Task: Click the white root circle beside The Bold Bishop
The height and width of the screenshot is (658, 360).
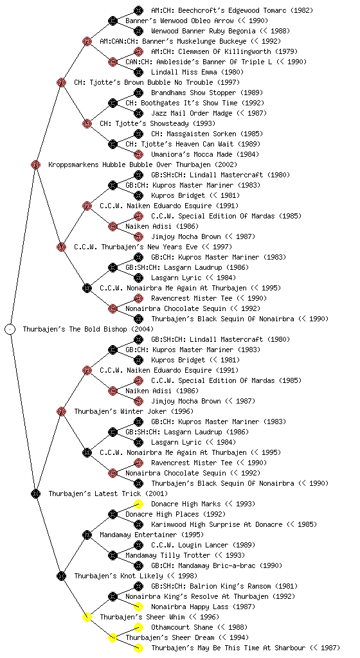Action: (10, 329)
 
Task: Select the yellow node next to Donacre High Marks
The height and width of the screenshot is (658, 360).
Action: (138, 504)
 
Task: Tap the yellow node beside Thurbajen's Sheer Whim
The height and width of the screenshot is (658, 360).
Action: (87, 617)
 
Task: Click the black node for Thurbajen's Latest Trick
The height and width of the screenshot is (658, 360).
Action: (35, 493)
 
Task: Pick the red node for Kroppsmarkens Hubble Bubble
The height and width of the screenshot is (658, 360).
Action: (35, 164)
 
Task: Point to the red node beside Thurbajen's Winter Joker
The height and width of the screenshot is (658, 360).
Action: (61, 411)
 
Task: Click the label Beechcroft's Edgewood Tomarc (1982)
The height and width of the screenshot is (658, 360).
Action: (232, 10)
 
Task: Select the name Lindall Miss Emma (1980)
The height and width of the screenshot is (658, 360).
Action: (197, 72)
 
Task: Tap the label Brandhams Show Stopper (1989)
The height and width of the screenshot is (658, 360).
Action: (206, 93)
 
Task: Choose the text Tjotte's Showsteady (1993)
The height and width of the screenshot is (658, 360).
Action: (157, 123)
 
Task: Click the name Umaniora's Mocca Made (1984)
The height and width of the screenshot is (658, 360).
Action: (205, 154)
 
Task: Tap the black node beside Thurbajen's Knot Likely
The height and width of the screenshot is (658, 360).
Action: (61, 576)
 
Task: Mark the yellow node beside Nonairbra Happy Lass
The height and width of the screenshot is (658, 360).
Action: (138, 607)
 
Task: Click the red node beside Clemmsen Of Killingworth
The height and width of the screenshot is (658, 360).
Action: (138, 51)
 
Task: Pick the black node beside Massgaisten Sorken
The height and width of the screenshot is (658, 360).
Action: (138, 134)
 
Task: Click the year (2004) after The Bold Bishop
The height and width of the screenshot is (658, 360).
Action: (142, 329)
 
